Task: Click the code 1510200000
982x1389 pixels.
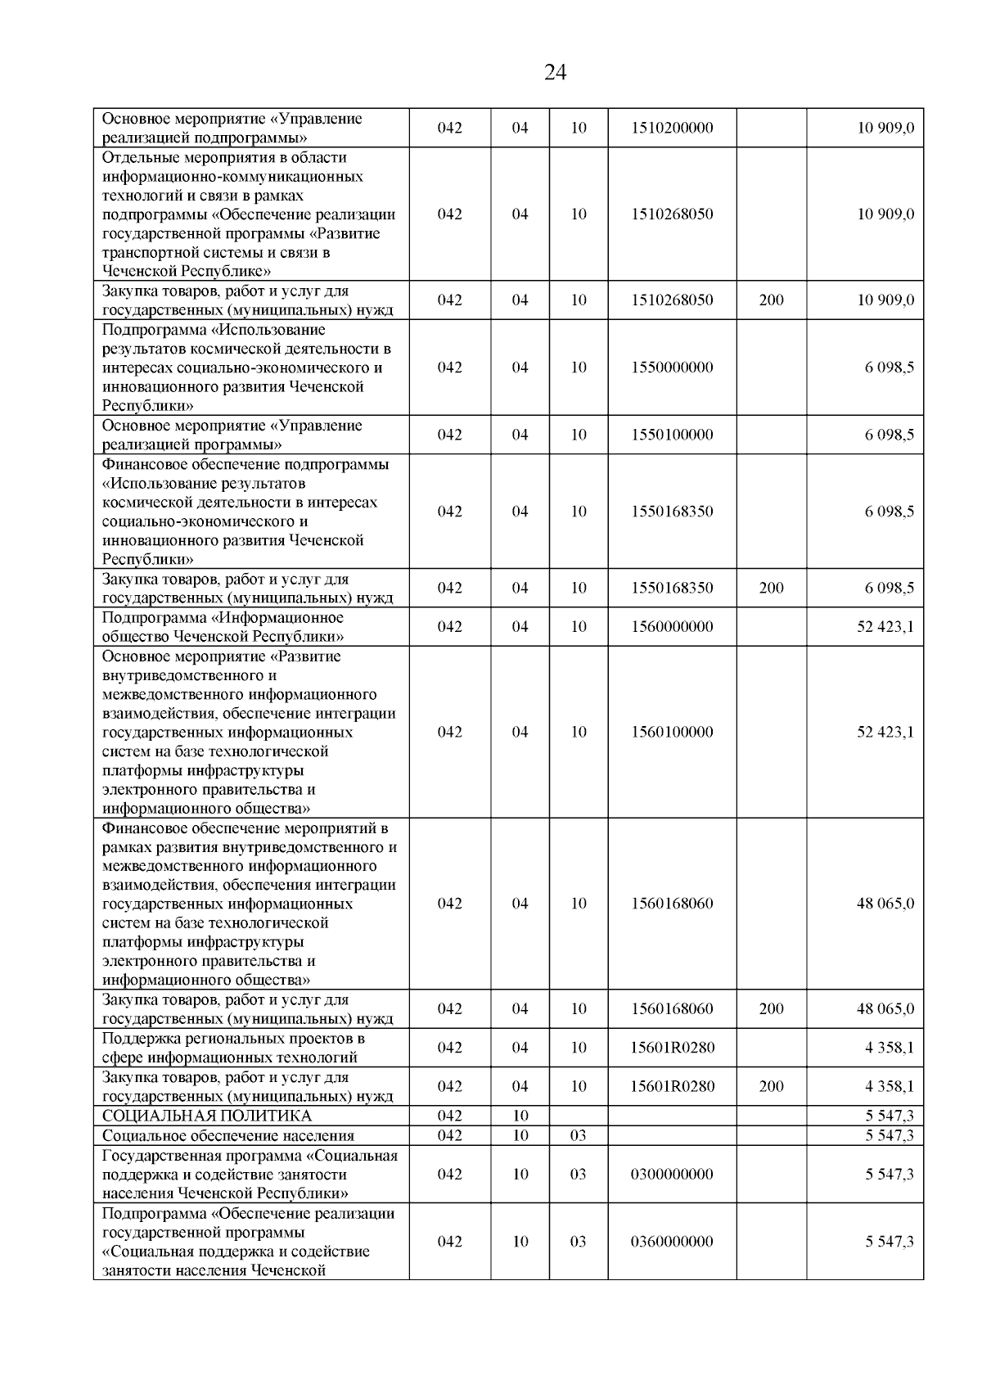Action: point(672,128)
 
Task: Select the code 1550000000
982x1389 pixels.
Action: point(672,368)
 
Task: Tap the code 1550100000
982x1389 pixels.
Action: point(672,435)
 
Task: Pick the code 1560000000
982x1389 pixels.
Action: point(672,627)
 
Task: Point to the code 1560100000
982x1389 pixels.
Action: point(672,732)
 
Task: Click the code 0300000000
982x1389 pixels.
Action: point(672,1174)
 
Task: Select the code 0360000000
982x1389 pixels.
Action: point(672,1241)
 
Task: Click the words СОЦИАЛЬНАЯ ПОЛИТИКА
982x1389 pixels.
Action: point(207,1116)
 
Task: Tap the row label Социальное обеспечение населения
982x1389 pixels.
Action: point(228,1135)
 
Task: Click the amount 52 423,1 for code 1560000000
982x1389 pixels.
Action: point(885,627)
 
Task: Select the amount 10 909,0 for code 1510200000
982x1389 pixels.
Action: point(885,128)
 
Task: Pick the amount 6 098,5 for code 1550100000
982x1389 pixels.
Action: point(890,435)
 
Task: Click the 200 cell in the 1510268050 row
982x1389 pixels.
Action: point(771,300)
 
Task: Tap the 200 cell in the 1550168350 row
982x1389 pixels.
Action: point(771,588)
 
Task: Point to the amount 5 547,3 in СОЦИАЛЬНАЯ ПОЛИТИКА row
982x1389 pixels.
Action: point(890,1116)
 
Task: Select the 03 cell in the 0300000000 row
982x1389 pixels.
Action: point(578,1174)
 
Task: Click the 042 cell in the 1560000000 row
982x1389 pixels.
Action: point(449,627)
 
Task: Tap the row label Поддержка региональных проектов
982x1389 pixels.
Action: point(233,1039)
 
